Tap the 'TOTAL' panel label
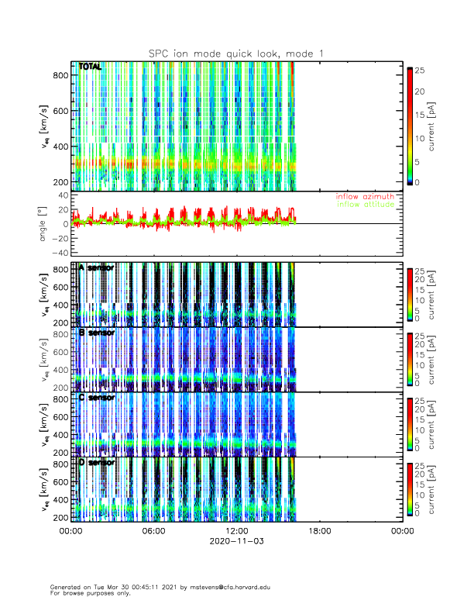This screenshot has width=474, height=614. click(x=90, y=67)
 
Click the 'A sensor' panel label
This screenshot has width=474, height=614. click(x=97, y=267)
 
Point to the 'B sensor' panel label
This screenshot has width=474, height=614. click(x=97, y=333)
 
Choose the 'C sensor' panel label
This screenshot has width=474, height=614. click(x=97, y=398)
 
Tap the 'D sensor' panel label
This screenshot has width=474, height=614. click(x=97, y=463)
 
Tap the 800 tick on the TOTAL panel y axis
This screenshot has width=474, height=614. click(x=60, y=75)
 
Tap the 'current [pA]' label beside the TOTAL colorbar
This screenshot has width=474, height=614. click(x=444, y=129)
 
